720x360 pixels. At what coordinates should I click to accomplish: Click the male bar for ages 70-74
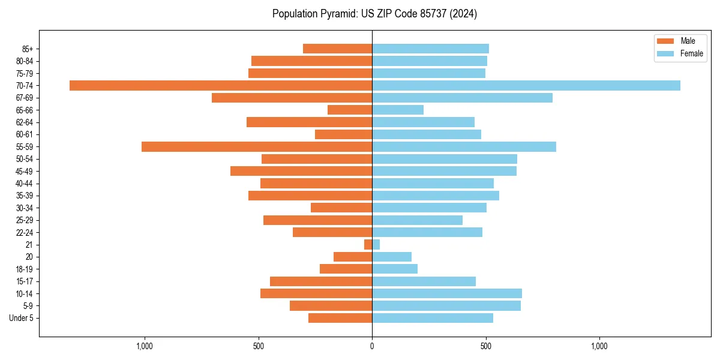coord(221,86)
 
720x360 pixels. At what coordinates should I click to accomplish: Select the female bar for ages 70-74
coord(526,86)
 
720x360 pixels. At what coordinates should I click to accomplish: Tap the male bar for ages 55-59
coord(257,147)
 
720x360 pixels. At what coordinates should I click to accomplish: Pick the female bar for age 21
coord(376,245)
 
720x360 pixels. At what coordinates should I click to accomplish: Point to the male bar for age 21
coord(368,245)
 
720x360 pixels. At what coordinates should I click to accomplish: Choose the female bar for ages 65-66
coord(398,110)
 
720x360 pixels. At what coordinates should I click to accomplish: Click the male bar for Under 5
coord(340,318)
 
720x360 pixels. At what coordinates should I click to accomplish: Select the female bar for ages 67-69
coord(462,98)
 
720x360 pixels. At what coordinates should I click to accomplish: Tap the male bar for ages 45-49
coord(301,171)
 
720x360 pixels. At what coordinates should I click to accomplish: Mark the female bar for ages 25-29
coord(418,220)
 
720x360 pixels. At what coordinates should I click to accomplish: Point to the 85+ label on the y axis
coord(27,49)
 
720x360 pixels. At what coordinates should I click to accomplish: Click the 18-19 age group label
coord(25,269)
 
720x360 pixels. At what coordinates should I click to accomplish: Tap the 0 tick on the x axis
coord(372,346)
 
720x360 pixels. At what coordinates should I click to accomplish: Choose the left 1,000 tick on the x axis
coord(145,346)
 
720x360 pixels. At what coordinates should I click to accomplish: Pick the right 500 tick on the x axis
coord(486,346)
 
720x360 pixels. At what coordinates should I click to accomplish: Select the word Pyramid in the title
coord(337,14)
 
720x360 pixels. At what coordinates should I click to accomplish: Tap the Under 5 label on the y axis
coord(22,318)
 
